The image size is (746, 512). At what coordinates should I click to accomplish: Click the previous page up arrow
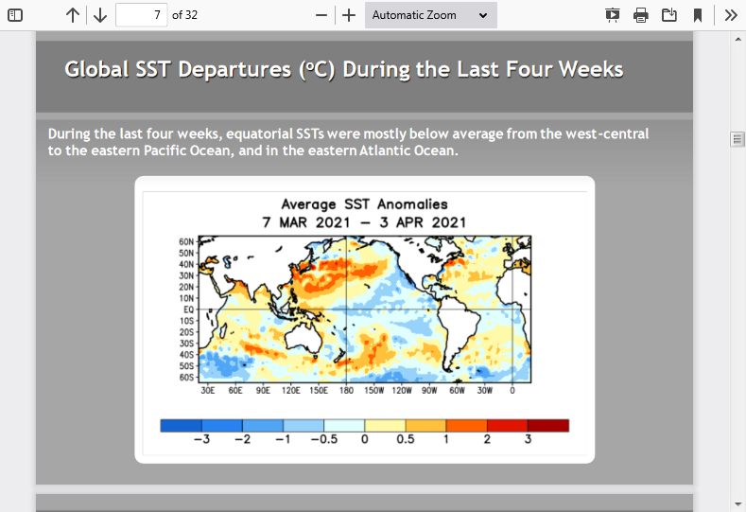(x=72, y=15)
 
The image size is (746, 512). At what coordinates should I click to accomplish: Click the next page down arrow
(x=100, y=15)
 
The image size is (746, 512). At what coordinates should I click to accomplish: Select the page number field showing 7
(x=141, y=15)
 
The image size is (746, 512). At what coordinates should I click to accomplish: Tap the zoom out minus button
(x=321, y=15)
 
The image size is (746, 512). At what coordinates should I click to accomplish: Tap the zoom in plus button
(x=349, y=15)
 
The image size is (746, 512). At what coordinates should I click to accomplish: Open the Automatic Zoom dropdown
(x=430, y=15)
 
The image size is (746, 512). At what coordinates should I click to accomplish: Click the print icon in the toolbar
(x=641, y=15)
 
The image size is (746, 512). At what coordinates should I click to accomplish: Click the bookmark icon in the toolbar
(x=698, y=15)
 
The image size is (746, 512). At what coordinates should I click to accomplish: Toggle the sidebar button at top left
(x=15, y=15)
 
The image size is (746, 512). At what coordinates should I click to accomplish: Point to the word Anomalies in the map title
(x=412, y=204)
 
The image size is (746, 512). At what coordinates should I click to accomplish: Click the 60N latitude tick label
(x=186, y=242)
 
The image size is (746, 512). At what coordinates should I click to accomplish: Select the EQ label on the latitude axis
(x=189, y=309)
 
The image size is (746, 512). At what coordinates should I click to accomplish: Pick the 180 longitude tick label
(x=346, y=391)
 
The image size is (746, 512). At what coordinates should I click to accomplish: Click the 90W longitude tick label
(x=429, y=391)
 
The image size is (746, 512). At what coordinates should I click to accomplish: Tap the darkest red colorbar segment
(x=548, y=425)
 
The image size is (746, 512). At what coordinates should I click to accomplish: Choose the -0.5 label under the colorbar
(x=324, y=439)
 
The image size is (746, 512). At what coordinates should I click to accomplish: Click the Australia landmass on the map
(x=304, y=339)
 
